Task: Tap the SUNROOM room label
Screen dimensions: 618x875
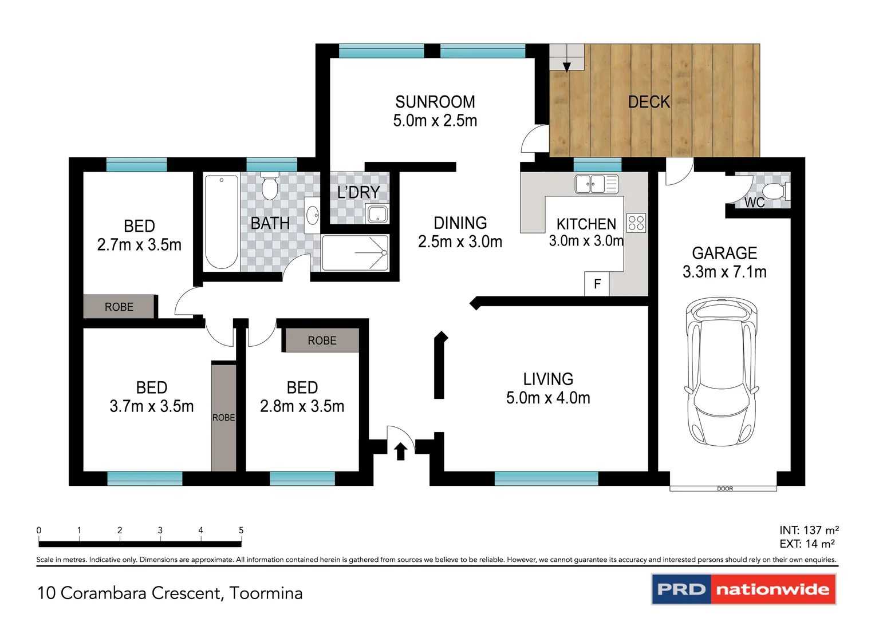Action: point(435,102)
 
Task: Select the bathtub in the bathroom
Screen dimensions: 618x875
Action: point(222,222)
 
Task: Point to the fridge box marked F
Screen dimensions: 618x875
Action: point(597,284)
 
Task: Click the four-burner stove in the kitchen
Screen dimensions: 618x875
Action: point(636,223)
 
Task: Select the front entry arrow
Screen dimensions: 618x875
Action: point(400,451)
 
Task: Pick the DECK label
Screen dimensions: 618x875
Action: point(648,102)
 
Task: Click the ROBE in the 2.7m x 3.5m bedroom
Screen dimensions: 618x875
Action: point(119,307)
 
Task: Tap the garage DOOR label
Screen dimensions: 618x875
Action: point(724,489)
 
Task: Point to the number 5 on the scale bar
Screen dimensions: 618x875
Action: point(241,530)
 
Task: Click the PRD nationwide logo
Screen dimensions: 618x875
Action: point(743,589)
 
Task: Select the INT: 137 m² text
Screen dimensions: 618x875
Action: point(808,530)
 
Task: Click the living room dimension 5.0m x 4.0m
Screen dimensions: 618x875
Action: point(547,398)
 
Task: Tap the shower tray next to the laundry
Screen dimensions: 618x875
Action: point(356,252)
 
